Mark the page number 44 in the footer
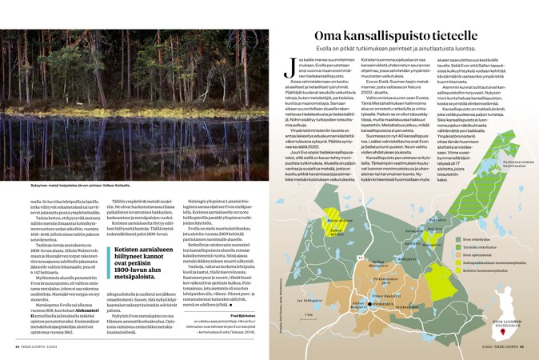(18, 347)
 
